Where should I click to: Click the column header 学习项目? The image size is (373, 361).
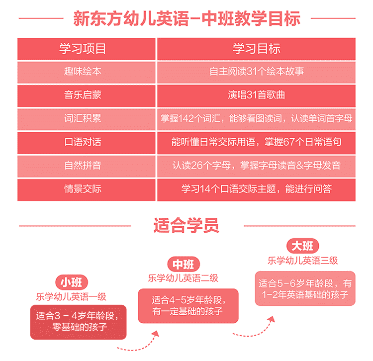pyautogui.click(x=83, y=49)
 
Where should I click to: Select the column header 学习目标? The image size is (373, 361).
pyautogui.click(x=257, y=49)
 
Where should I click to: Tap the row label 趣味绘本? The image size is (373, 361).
pyautogui.click(x=83, y=71)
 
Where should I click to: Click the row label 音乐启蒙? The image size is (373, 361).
pyautogui.click(x=83, y=95)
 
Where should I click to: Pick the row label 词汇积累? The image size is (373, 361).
pyautogui.click(x=83, y=118)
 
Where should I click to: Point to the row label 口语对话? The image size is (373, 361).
pyautogui.click(x=83, y=142)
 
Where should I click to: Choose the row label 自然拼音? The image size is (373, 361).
pyautogui.click(x=83, y=165)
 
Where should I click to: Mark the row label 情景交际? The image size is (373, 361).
pyautogui.click(x=83, y=189)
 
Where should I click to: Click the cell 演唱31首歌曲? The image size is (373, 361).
pyautogui.click(x=257, y=95)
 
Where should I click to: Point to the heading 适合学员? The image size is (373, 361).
pyautogui.click(x=186, y=225)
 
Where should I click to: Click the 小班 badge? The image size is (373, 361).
pyautogui.click(x=72, y=282)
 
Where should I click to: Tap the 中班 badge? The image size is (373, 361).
pyautogui.click(x=184, y=264)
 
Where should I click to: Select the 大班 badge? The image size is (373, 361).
pyautogui.click(x=302, y=246)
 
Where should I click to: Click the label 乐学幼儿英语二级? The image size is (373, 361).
pyautogui.click(x=183, y=278)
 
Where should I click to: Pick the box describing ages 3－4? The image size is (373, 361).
pyautogui.click(x=78, y=322)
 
